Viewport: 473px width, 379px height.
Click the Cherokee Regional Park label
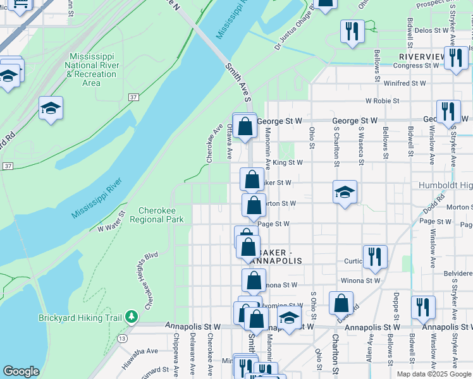tap(156, 215)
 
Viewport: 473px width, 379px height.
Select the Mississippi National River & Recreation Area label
tap(92, 69)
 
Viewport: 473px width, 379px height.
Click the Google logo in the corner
tap(20, 371)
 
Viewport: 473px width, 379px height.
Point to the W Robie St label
tap(382, 100)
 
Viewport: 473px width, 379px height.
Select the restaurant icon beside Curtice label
tap(374, 256)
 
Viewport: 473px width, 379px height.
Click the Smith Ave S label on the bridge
tap(238, 80)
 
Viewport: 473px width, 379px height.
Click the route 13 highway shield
tap(120, 339)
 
